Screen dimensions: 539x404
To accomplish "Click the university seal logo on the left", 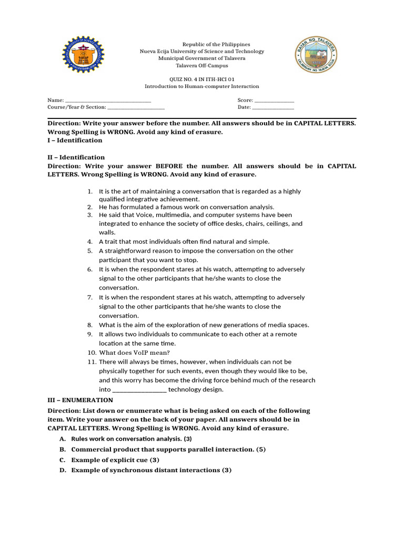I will (x=83, y=55).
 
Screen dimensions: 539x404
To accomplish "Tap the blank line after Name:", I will (x=108, y=101).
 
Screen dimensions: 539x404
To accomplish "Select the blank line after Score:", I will (x=274, y=101).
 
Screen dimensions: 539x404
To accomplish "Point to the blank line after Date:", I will (x=273, y=108).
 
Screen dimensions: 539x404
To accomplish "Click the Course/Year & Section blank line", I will (x=136, y=108).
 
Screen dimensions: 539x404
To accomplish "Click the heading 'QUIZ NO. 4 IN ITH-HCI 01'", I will (x=201, y=78).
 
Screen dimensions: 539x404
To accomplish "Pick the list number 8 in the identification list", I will (x=90, y=325).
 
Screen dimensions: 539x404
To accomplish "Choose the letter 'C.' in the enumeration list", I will (x=63, y=460).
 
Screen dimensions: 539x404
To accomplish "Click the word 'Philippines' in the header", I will (x=236, y=44).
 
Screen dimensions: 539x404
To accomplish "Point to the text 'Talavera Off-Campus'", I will (x=201, y=66).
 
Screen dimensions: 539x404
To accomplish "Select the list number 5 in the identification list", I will (x=90, y=251).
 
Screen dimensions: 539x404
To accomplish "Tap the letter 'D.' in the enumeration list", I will (x=63, y=470).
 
